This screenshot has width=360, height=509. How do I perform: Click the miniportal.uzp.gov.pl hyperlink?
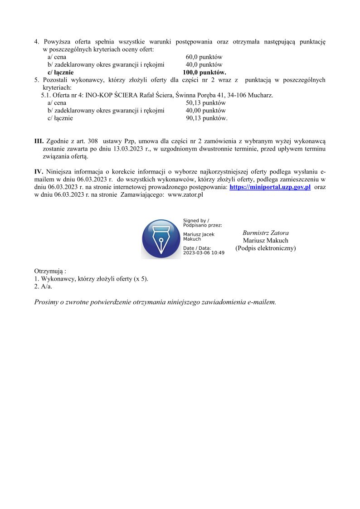click(270, 187)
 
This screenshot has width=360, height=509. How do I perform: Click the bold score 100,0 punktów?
click(204, 72)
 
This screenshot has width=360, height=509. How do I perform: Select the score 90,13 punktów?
click(206, 118)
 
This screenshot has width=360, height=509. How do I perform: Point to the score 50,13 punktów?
click(205, 103)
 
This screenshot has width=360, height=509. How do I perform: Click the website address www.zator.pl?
click(185, 194)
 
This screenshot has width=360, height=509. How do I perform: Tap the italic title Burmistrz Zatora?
click(265, 233)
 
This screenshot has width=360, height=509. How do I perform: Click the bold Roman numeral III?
click(39, 141)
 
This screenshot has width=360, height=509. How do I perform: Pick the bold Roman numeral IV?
click(39, 172)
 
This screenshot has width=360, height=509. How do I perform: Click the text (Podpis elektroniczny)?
click(265, 248)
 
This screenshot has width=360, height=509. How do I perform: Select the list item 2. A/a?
click(43, 286)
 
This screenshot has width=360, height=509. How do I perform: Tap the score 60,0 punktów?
click(204, 57)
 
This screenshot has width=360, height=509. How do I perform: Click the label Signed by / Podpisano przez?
click(202, 223)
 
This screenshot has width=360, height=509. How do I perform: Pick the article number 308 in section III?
click(92, 141)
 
